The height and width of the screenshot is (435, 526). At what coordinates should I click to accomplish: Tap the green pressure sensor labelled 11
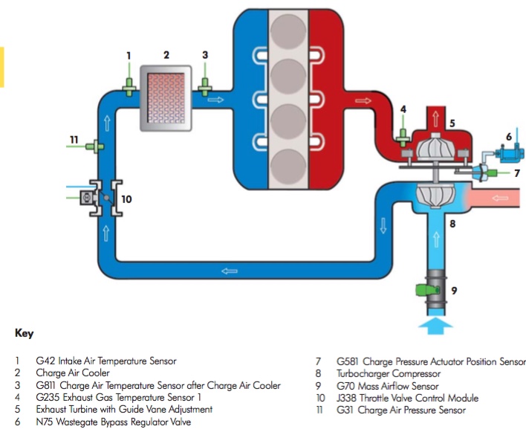coord(94,146)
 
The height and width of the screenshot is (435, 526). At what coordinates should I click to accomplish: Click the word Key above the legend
coord(24,334)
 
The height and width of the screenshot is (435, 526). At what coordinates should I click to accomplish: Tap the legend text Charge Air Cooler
coord(72,373)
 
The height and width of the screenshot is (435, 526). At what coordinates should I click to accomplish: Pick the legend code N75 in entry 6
coord(45,422)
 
